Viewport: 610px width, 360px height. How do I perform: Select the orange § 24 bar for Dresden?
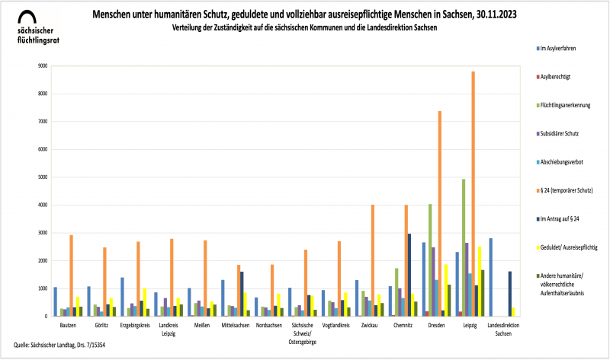click(x=440, y=214)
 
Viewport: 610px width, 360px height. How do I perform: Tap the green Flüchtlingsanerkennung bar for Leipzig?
click(x=464, y=247)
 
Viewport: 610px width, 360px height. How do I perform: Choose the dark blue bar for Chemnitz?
click(x=409, y=275)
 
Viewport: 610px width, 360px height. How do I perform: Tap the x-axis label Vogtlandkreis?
click(x=335, y=323)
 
